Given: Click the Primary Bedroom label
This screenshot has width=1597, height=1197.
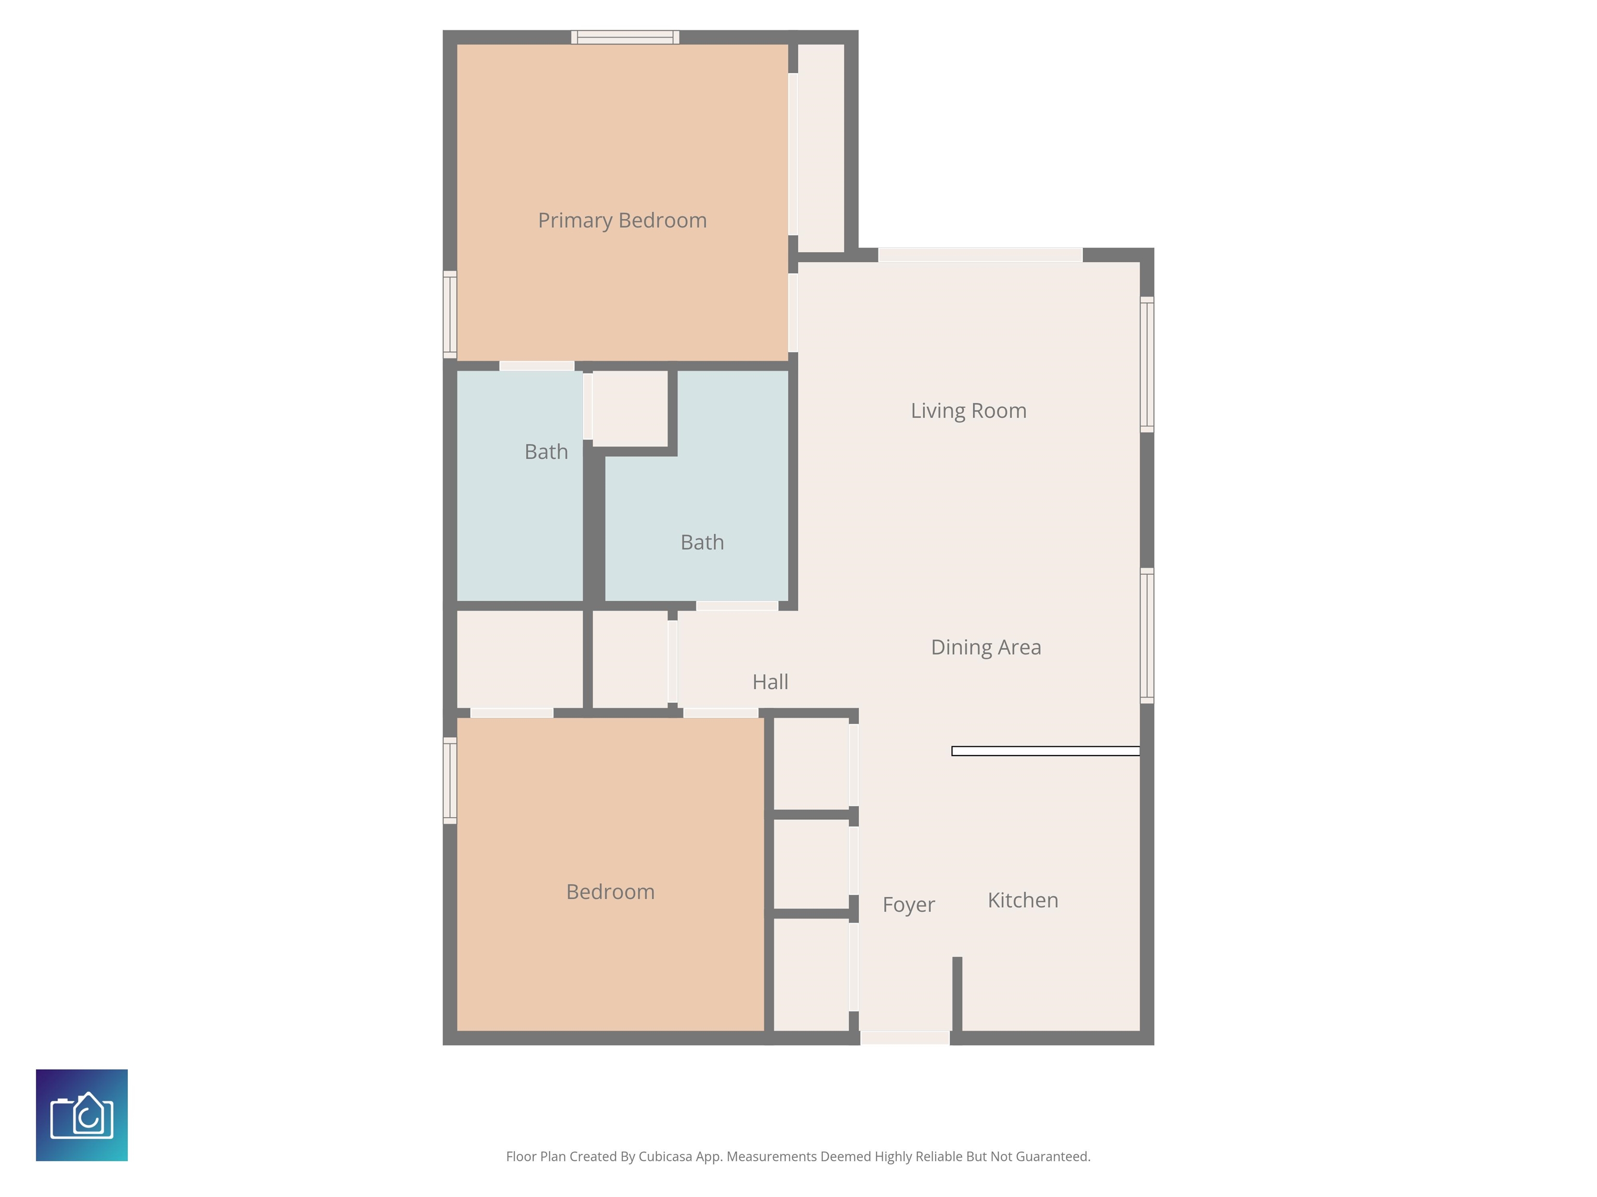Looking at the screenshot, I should pyautogui.click(x=622, y=220).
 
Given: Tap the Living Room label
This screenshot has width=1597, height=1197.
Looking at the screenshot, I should pyautogui.click(x=968, y=410).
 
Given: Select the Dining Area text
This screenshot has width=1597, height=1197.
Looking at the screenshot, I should pyautogui.click(x=986, y=647).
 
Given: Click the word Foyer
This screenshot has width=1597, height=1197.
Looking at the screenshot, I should pyautogui.click(x=908, y=905).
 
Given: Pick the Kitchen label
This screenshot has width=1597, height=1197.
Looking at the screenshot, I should pyautogui.click(x=1023, y=900).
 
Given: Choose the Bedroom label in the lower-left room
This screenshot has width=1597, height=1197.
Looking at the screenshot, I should pyautogui.click(x=610, y=892).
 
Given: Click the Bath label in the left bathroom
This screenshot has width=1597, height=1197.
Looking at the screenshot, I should pyautogui.click(x=546, y=451).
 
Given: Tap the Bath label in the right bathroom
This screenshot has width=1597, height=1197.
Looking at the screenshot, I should pyautogui.click(x=702, y=542).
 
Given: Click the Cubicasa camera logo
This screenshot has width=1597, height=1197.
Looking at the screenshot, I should pyautogui.click(x=82, y=1115).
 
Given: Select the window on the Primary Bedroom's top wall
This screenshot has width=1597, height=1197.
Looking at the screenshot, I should pyautogui.click(x=625, y=37).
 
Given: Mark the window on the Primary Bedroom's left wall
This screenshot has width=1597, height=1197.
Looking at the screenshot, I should pyautogui.click(x=450, y=315).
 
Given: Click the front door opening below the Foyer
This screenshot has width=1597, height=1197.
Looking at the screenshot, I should pyautogui.click(x=905, y=1038).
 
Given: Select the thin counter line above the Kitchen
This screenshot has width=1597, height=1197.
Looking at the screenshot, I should pyautogui.click(x=1045, y=751).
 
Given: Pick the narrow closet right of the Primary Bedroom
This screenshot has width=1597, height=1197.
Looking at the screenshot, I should pyautogui.click(x=821, y=148).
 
